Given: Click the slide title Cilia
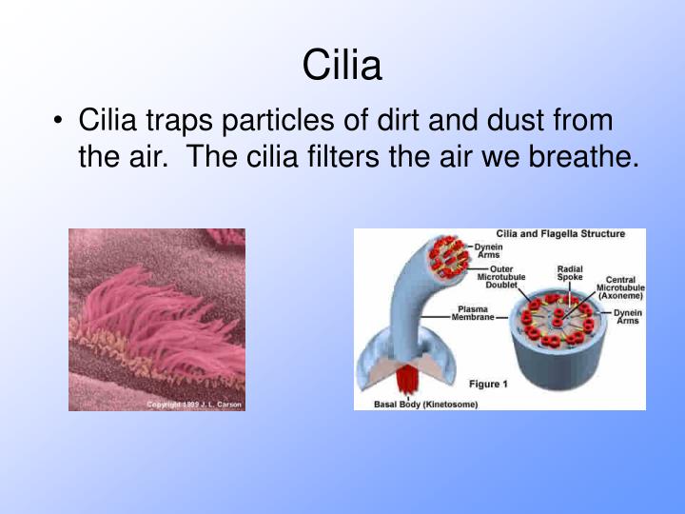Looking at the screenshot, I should point(342,66).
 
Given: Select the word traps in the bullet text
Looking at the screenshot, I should point(174,121).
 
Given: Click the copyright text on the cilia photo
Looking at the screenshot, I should point(194,405).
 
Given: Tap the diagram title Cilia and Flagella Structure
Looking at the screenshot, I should point(560,234).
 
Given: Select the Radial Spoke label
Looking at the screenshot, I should point(570,272).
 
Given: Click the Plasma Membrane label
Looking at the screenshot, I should point(473,313).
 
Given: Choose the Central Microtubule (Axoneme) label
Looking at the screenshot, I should point(619,288).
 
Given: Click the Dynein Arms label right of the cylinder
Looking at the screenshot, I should point(627,317).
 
